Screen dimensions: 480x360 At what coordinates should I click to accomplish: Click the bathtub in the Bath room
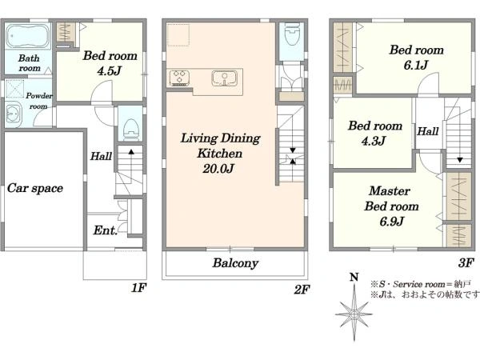(28, 35)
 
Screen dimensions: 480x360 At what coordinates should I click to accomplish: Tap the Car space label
(35, 188)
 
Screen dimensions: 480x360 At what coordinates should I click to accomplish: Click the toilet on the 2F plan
(291, 35)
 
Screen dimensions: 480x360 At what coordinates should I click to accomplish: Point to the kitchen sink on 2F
(224, 78)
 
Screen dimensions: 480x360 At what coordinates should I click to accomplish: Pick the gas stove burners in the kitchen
(179, 78)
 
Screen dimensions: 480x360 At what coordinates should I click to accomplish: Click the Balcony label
(235, 263)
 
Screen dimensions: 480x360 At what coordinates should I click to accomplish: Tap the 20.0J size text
(218, 168)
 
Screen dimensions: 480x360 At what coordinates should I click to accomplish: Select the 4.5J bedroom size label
(110, 71)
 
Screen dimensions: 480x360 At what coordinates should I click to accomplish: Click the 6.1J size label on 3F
(415, 65)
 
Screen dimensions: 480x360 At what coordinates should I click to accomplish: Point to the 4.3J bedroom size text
(374, 141)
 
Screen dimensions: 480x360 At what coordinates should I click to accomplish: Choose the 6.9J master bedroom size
(391, 221)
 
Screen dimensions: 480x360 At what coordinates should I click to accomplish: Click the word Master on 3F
(390, 191)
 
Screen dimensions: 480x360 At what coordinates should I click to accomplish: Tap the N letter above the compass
(354, 278)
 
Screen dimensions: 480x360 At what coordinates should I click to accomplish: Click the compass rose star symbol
(354, 313)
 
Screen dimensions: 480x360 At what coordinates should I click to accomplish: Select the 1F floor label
(139, 288)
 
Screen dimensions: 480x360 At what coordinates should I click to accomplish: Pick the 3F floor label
(466, 262)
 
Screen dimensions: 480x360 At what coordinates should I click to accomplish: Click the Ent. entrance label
(105, 230)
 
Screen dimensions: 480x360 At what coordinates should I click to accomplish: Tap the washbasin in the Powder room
(13, 115)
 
